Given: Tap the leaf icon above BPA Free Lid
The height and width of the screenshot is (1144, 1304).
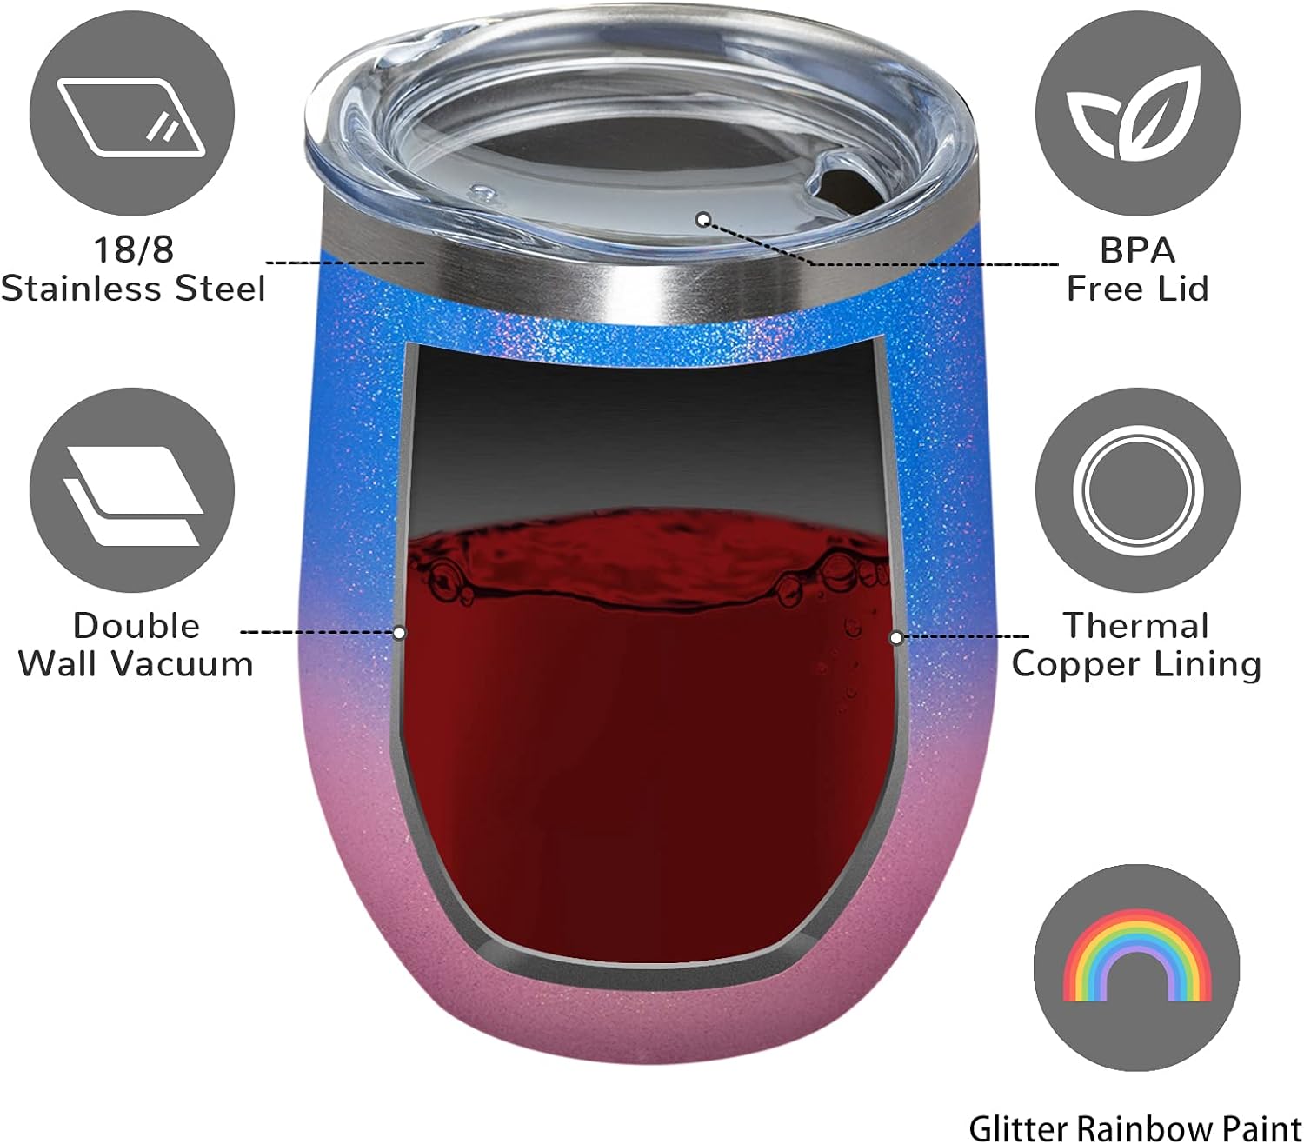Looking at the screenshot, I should click(1137, 116).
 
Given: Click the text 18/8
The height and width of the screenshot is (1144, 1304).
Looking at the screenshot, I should click(134, 249).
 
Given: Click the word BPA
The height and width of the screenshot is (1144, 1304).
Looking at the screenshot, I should click(1137, 250).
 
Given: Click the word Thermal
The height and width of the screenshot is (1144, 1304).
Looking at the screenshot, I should click(1136, 626).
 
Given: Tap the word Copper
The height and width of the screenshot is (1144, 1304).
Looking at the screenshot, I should click(1067, 664).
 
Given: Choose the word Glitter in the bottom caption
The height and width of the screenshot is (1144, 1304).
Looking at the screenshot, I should click(1018, 1127).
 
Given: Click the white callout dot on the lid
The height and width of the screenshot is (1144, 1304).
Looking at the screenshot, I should click(703, 219).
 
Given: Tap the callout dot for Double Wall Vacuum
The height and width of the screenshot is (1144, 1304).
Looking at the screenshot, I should click(399, 632).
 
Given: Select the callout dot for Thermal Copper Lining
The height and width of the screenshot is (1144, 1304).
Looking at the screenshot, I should click(895, 637).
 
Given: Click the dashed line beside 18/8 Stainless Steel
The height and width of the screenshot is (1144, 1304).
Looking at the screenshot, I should click(344, 262).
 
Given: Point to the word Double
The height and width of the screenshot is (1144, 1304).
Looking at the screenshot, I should click(136, 626).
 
